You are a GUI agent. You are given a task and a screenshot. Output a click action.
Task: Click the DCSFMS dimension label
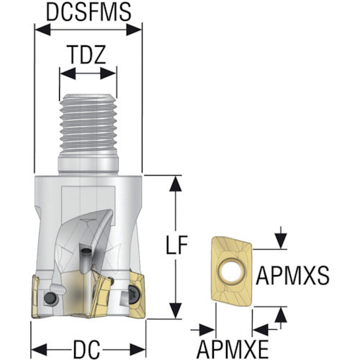coord(89,12)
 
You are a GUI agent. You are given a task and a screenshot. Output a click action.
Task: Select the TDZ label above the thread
coord(87,55)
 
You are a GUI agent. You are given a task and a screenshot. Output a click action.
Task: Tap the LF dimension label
coord(177,245)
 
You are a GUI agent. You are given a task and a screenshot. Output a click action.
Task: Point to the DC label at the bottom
coord(86,349)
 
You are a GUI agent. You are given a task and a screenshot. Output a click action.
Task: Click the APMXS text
coord(292,276)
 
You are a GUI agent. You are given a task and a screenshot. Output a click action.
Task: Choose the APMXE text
coord(233,349)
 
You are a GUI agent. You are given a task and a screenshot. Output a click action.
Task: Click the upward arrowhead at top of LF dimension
coord(176,184)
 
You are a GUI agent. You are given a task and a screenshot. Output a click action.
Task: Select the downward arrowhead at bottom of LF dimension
coord(176,311)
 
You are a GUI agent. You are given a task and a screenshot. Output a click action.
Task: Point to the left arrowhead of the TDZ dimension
coord(68,73)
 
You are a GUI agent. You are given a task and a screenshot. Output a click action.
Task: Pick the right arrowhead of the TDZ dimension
coord(108,73)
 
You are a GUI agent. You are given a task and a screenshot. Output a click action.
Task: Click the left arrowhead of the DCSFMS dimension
coord(43,30)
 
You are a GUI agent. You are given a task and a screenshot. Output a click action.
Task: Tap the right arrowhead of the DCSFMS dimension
coord(134,30)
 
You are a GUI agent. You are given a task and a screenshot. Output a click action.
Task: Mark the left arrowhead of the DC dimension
coord(40,349)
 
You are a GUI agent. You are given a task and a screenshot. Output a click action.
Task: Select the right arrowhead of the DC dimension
coord(138,349)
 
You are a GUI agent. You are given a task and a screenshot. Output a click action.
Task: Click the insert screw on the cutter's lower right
coord(132,292)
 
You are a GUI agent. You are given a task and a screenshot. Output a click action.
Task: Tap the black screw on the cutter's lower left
coord(50,299)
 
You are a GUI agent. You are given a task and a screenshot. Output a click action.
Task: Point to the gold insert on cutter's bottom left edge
coord(36,297)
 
